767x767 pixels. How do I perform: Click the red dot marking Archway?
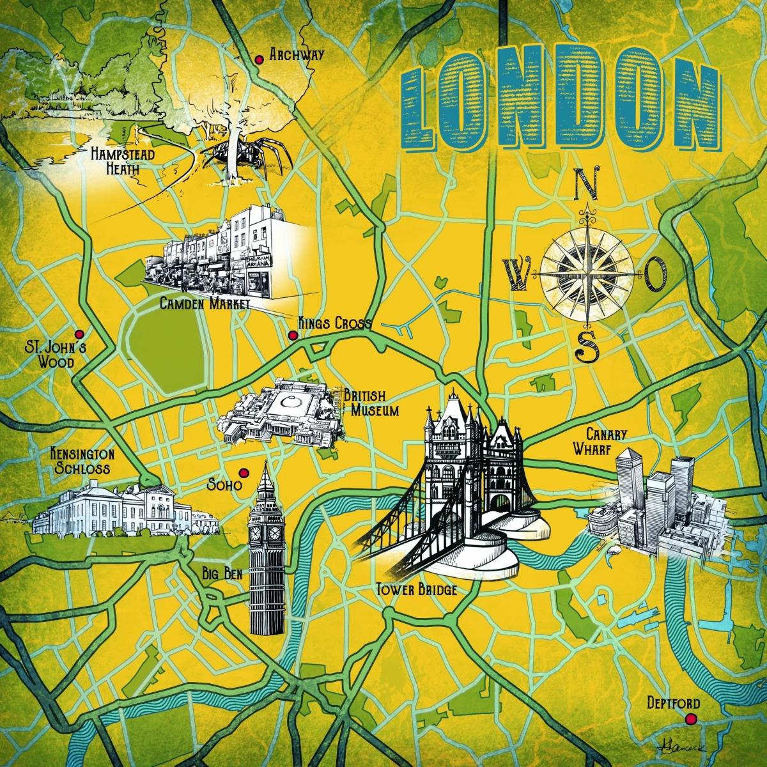259,59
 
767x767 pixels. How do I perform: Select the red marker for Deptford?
690,720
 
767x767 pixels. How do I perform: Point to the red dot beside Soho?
243,472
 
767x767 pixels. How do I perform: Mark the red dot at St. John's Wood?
79,334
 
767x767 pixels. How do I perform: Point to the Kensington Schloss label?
82,461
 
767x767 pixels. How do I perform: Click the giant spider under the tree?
240,157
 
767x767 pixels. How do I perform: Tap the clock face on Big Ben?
258,532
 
